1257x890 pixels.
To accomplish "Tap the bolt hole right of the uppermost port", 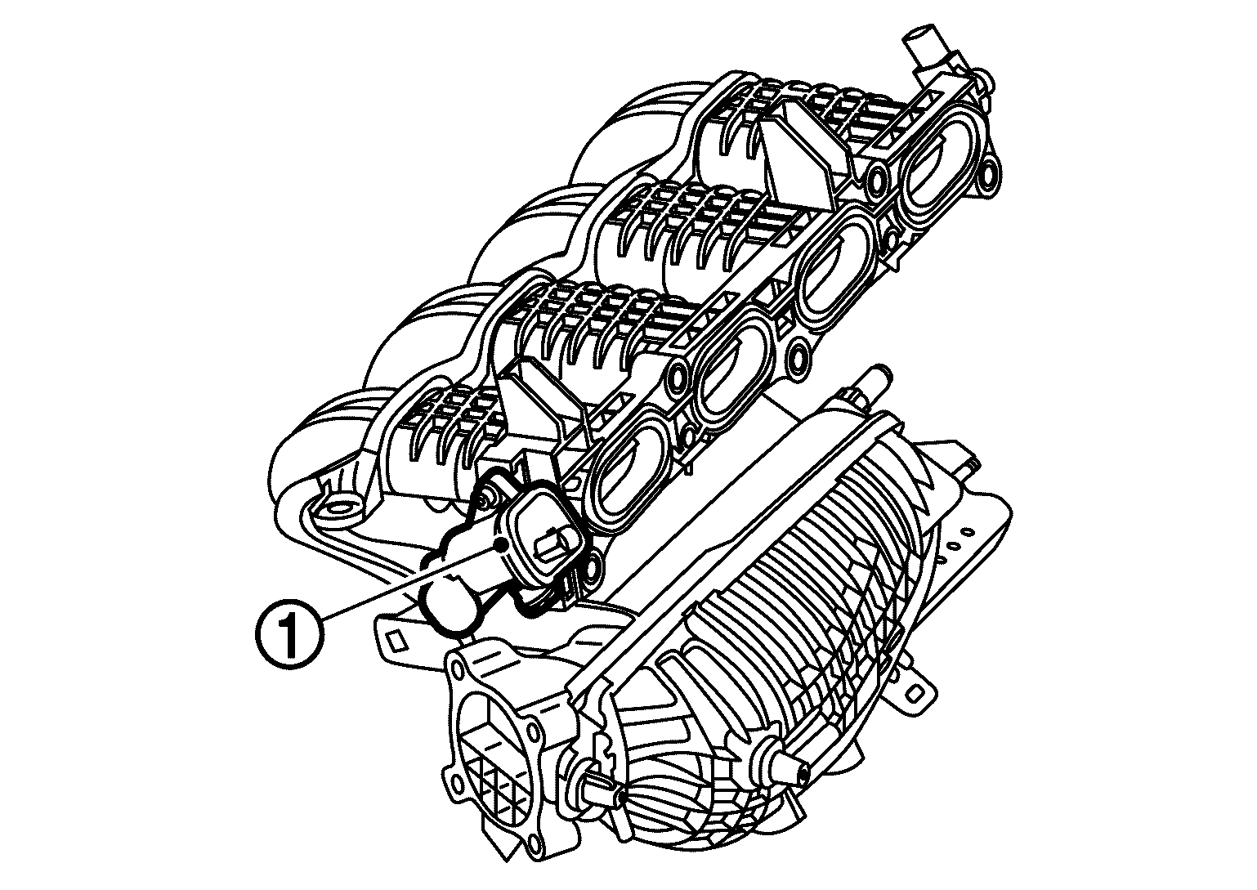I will pos(987,172).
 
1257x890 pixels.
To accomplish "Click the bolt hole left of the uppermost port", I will pos(879,177).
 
